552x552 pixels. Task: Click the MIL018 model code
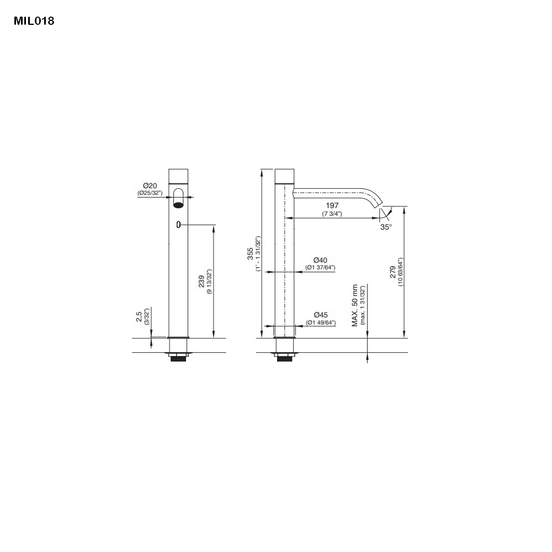(34, 22)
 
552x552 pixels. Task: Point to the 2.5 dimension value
(139, 316)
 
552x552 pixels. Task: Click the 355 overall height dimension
(250, 253)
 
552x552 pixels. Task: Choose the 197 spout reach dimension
(332, 206)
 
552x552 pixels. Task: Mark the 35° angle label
(386, 226)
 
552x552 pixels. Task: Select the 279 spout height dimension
(393, 272)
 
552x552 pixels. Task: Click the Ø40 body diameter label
(320, 260)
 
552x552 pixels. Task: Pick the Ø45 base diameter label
(320, 315)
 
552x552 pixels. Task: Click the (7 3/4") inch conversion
(332, 214)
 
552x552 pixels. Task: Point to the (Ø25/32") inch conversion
(150, 193)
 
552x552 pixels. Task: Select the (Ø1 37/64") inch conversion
(320, 268)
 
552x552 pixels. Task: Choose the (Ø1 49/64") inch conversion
(320, 322)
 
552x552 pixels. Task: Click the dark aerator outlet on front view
(178, 205)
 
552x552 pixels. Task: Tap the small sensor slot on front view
(178, 224)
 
